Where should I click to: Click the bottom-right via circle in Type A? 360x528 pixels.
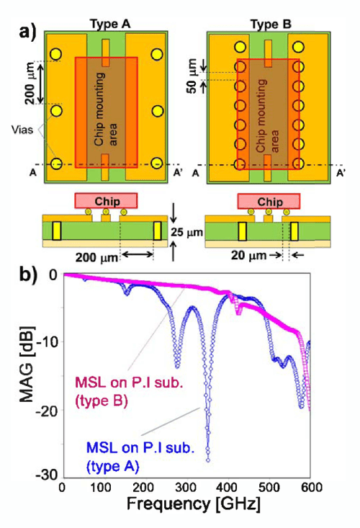[157, 164]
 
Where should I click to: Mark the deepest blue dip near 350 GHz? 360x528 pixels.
[207, 459]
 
